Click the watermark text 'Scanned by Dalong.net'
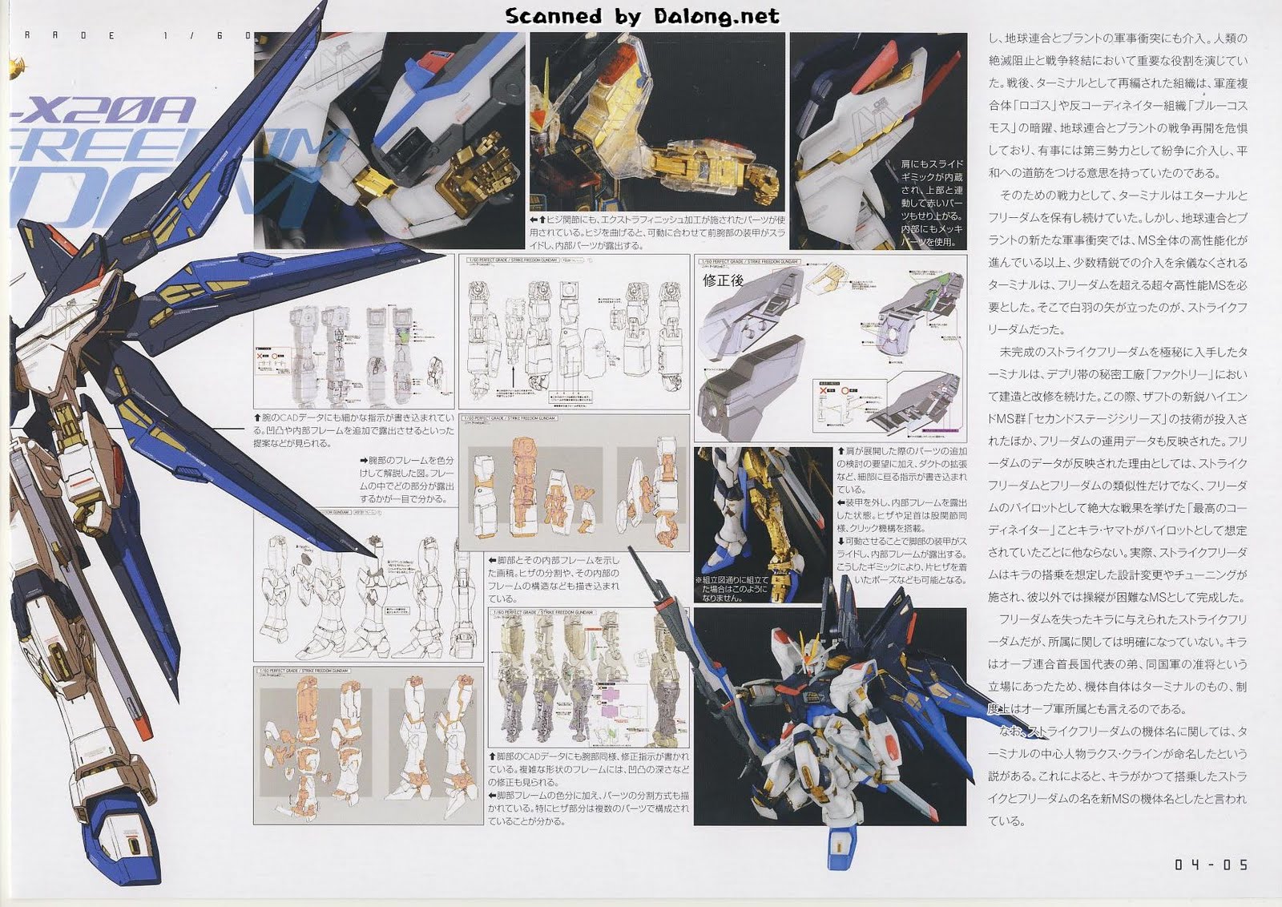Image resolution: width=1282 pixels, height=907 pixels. pos(642,16)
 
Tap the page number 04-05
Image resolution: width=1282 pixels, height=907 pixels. pos(1211,865)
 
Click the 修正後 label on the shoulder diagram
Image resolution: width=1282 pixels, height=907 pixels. pos(723,280)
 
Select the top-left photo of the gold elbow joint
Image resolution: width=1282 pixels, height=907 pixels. pos(389,140)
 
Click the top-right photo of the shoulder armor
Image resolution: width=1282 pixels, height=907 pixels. pos(877,140)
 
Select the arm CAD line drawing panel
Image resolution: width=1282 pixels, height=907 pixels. pos(573,333)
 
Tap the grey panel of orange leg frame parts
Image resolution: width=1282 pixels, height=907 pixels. pos(369,745)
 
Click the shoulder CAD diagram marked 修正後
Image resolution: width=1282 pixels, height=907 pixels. pos(830,349)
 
